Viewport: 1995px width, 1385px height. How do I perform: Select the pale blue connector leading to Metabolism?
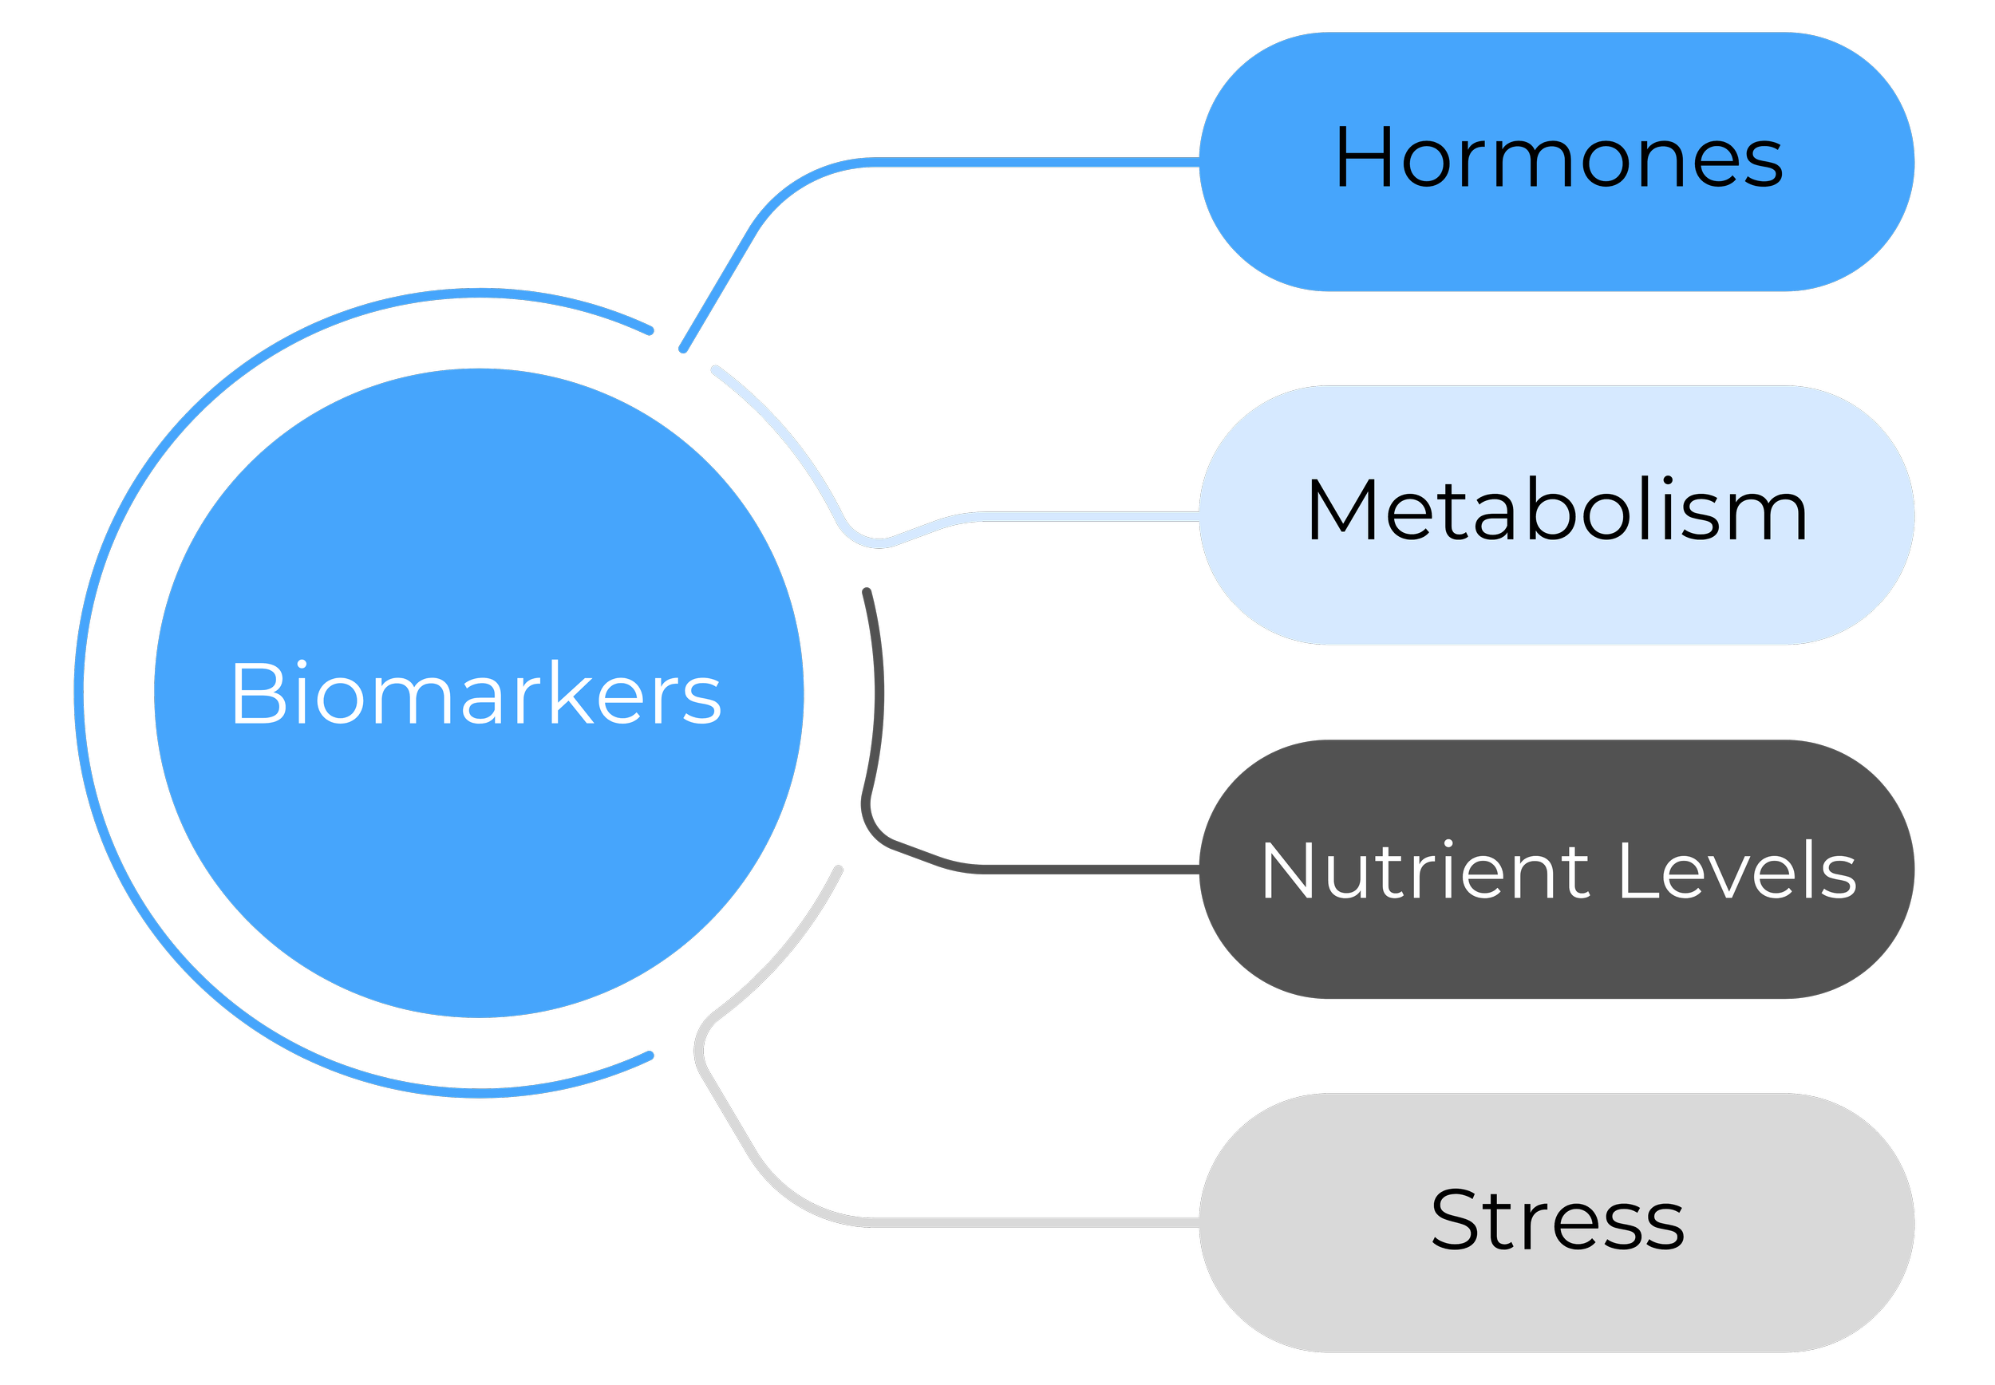coord(1084,516)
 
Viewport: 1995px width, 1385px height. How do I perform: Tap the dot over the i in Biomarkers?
coord(301,665)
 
